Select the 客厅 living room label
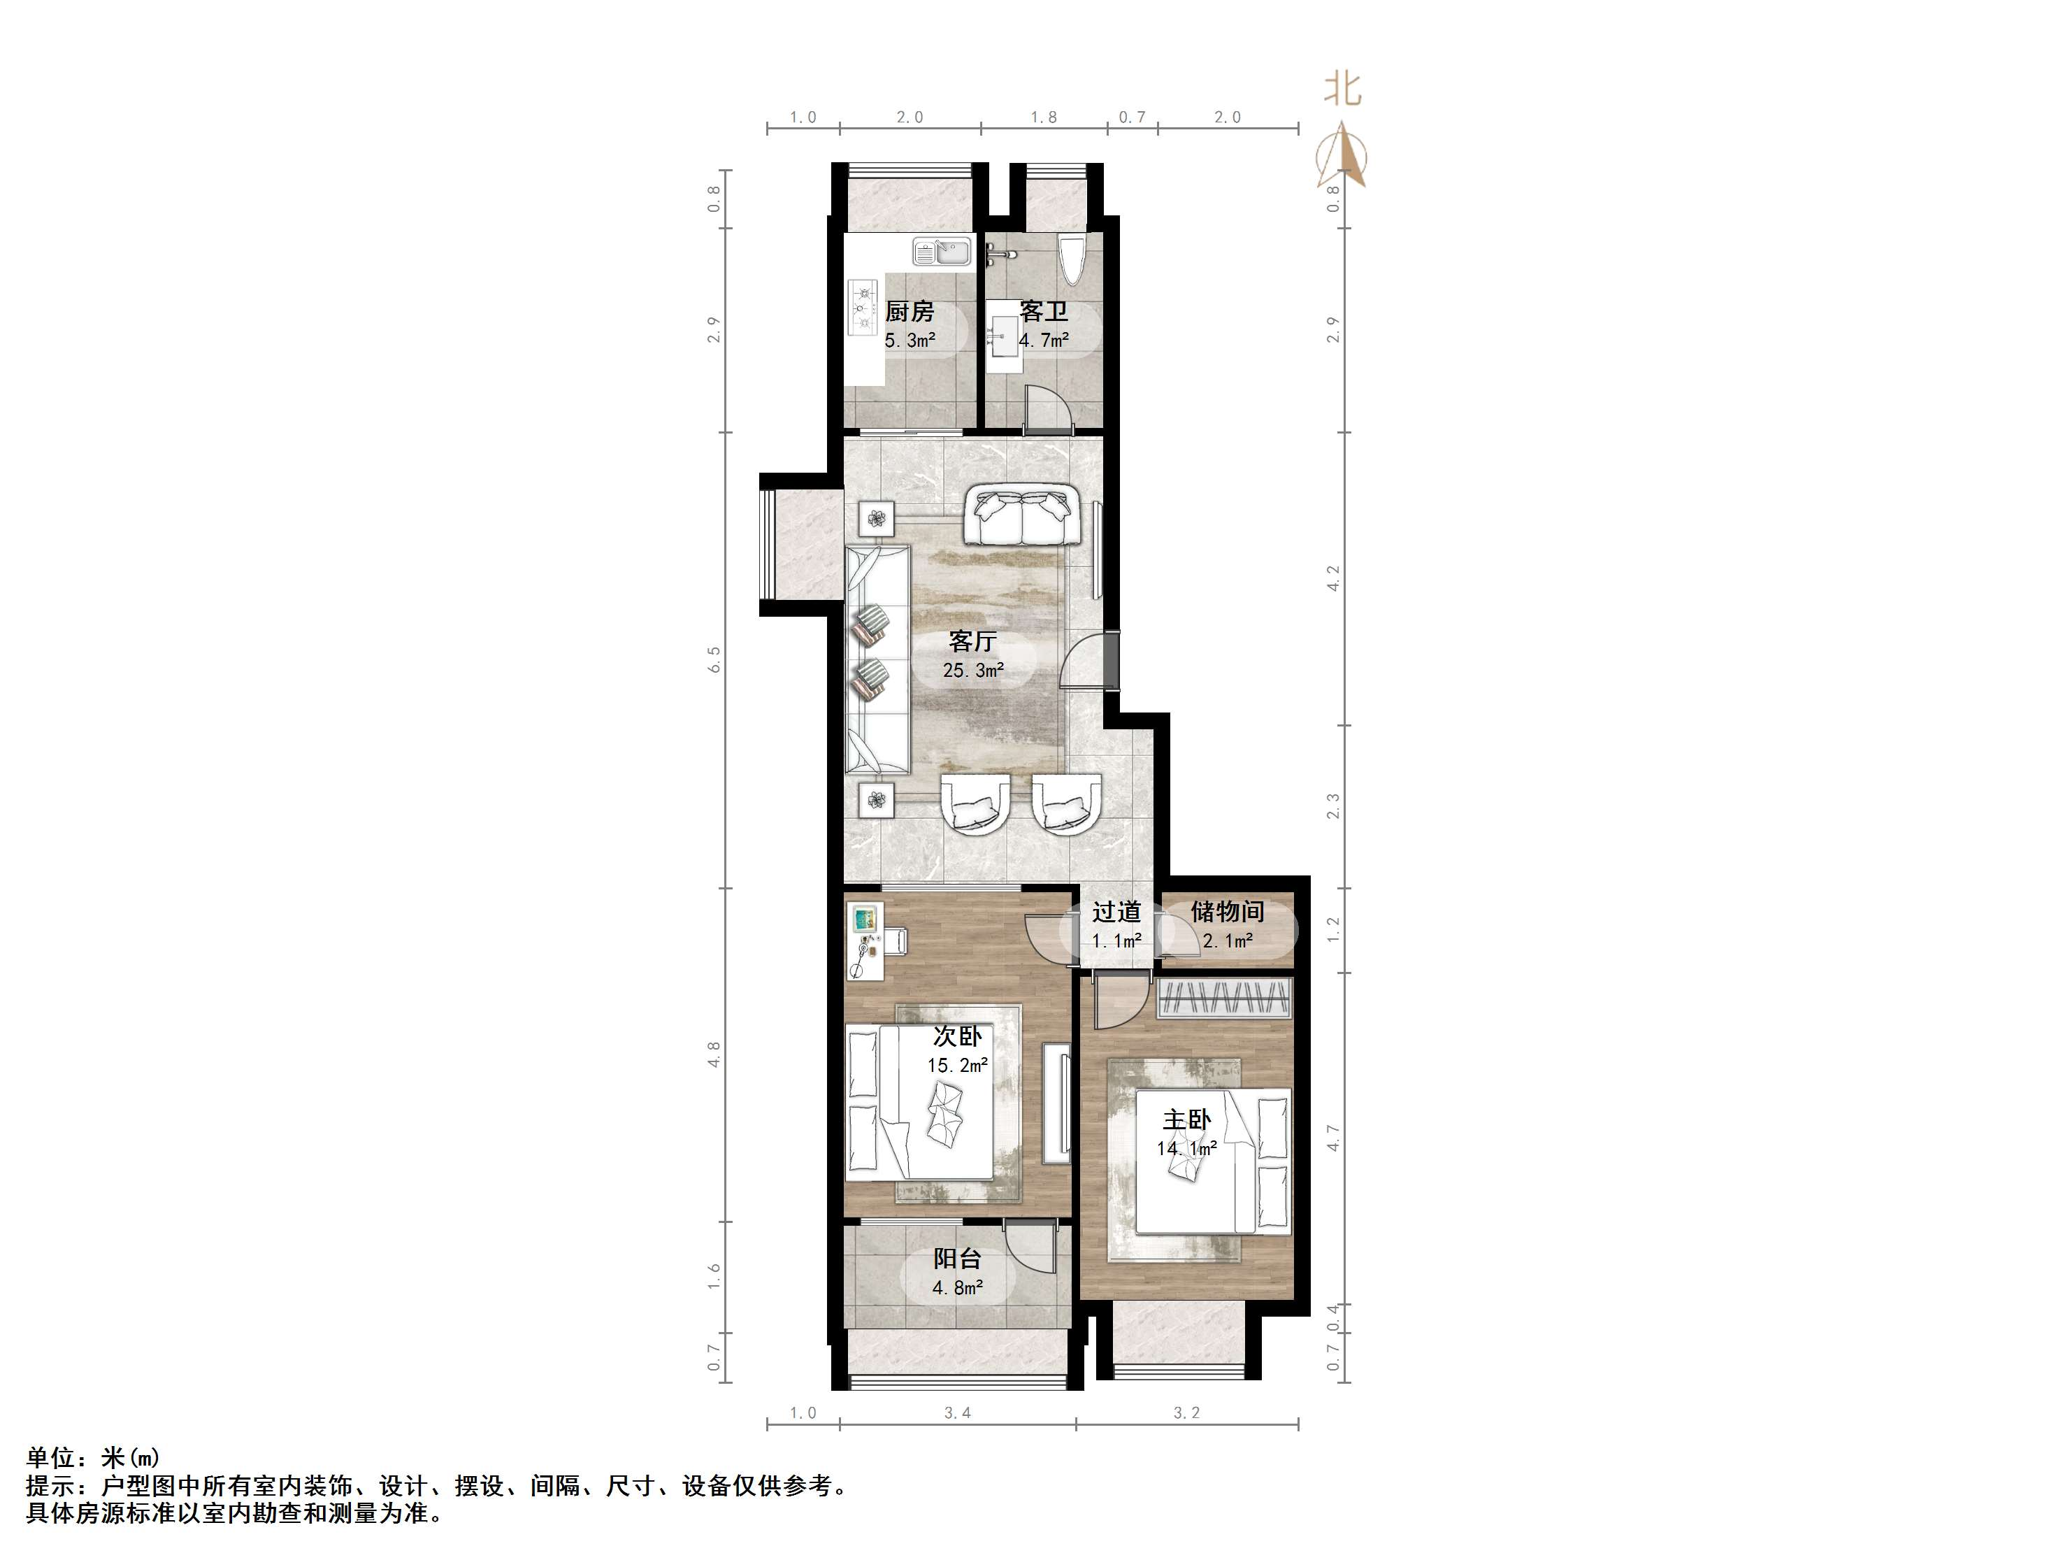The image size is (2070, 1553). pyautogui.click(x=972, y=641)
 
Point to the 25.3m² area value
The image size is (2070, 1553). pyautogui.click(x=973, y=671)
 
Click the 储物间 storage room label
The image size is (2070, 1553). pyautogui.click(x=1227, y=911)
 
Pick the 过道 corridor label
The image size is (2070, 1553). pyautogui.click(x=1116, y=911)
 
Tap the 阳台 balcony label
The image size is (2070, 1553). pyautogui.click(x=956, y=1259)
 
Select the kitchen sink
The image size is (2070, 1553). pyautogui.click(x=942, y=252)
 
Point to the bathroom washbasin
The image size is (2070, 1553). pyautogui.click(x=1004, y=335)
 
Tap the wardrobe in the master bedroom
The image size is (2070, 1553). pyautogui.click(x=1224, y=998)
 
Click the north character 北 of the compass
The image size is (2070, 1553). pyautogui.click(x=1342, y=90)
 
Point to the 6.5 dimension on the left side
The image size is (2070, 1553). pyautogui.click(x=714, y=659)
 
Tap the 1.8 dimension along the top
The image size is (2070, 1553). pyautogui.click(x=1044, y=117)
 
